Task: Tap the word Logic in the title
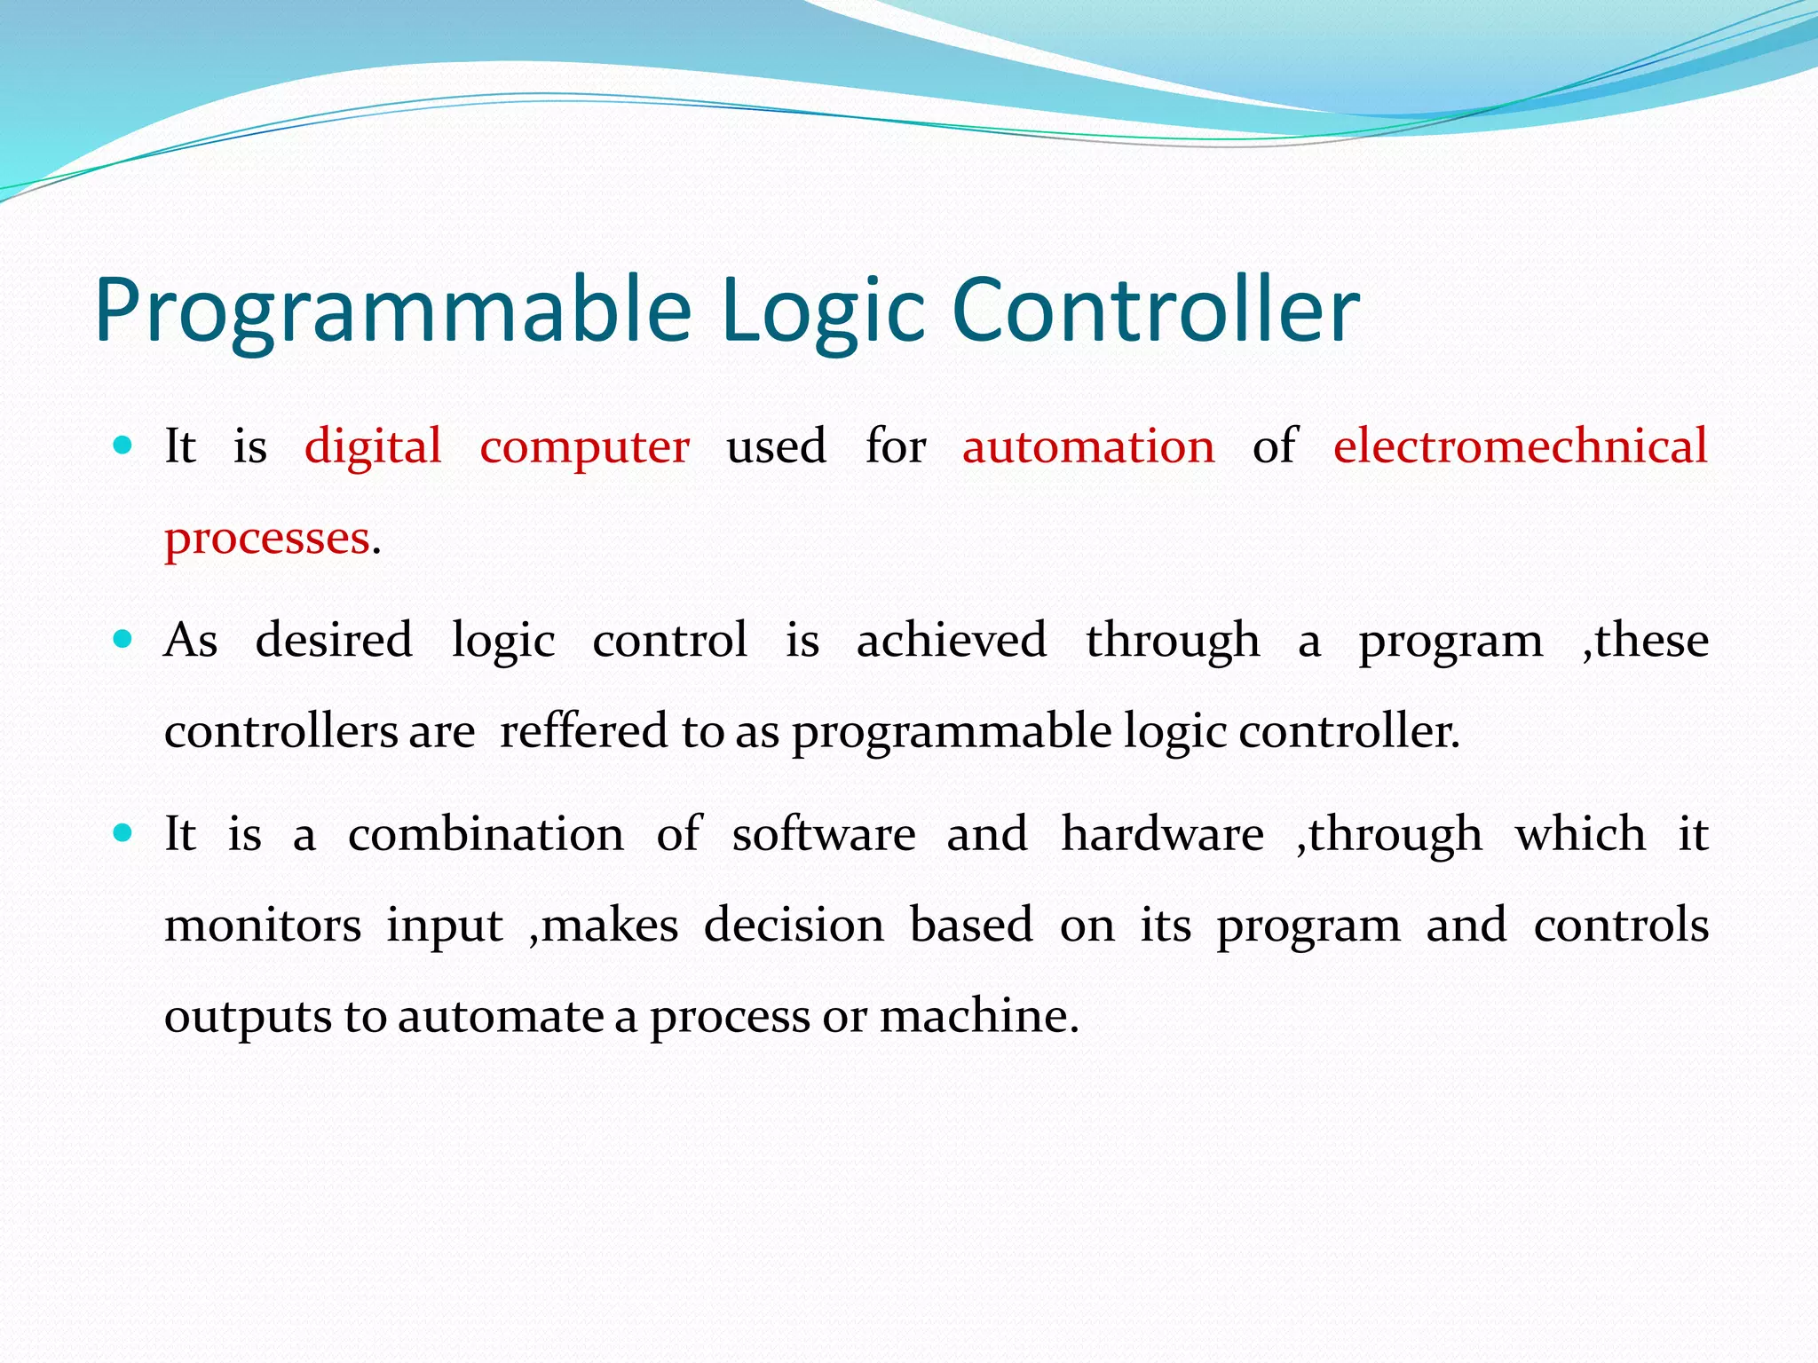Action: (x=824, y=311)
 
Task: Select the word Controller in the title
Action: (x=1155, y=311)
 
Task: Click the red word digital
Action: (x=373, y=446)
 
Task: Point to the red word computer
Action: (x=584, y=446)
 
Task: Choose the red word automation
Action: (x=1088, y=446)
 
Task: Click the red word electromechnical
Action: (x=1520, y=446)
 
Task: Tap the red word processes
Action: (x=267, y=539)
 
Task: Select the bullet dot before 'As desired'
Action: (x=123, y=638)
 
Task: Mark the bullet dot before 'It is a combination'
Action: (x=123, y=832)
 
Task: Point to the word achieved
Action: (x=952, y=641)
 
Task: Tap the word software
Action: (x=823, y=835)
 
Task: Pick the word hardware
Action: (x=1162, y=835)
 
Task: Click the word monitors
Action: (x=263, y=926)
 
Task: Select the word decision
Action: (x=794, y=926)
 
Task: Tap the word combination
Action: (x=486, y=835)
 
